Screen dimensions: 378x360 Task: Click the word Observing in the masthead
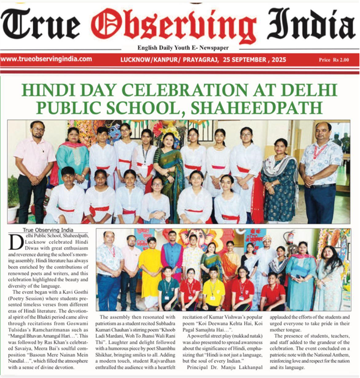point(176,24)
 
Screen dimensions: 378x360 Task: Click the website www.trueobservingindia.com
point(47,59)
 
